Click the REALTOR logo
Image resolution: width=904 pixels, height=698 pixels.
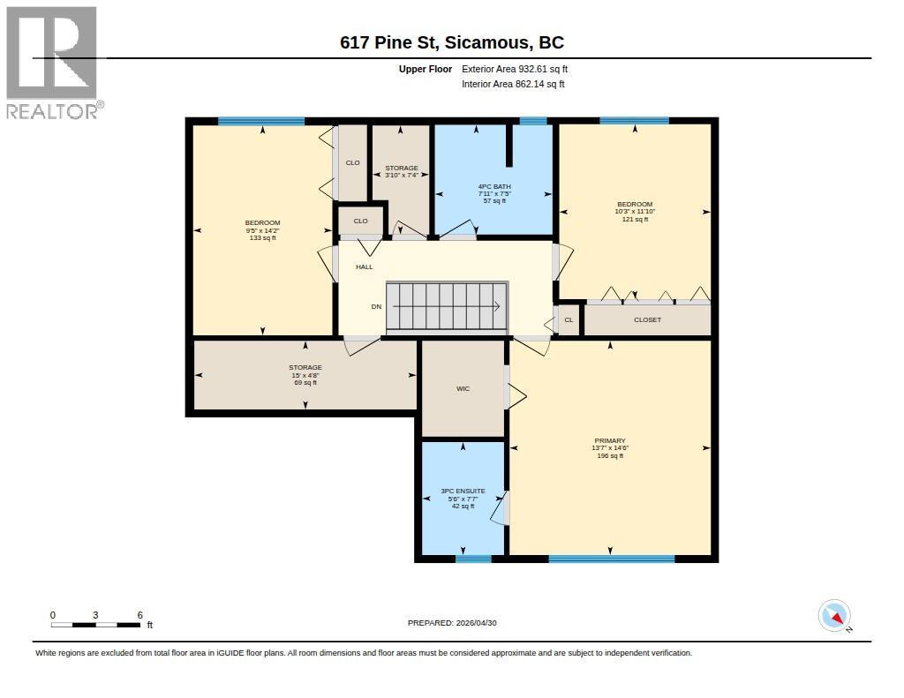[x=54, y=63]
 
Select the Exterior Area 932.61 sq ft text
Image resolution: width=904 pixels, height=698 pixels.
[x=515, y=69]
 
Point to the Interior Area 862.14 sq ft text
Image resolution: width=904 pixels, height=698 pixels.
[x=513, y=84]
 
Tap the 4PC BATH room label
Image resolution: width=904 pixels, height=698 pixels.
[x=494, y=193]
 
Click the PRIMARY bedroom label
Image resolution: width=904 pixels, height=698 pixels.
[x=610, y=448]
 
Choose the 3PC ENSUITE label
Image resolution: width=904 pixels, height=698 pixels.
[x=463, y=499]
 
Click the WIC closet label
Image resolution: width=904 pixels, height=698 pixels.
[x=463, y=389]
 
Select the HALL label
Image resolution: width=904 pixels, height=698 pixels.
[x=365, y=266]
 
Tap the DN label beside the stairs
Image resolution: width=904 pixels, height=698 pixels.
[x=376, y=306]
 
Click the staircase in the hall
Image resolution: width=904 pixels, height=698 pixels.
[x=447, y=307]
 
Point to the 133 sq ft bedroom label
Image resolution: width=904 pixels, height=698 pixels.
[x=262, y=230]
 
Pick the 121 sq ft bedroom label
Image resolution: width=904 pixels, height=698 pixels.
[x=635, y=212]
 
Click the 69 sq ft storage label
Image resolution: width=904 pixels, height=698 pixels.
[x=305, y=375]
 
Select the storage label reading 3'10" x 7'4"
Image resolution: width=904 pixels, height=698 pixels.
[x=402, y=172]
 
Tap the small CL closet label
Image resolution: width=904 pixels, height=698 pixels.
[x=569, y=320]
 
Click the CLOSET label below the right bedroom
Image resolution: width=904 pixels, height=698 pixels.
[x=647, y=320]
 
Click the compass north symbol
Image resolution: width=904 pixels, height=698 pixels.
[x=834, y=616]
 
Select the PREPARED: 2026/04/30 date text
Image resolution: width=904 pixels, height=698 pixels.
[x=452, y=623]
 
